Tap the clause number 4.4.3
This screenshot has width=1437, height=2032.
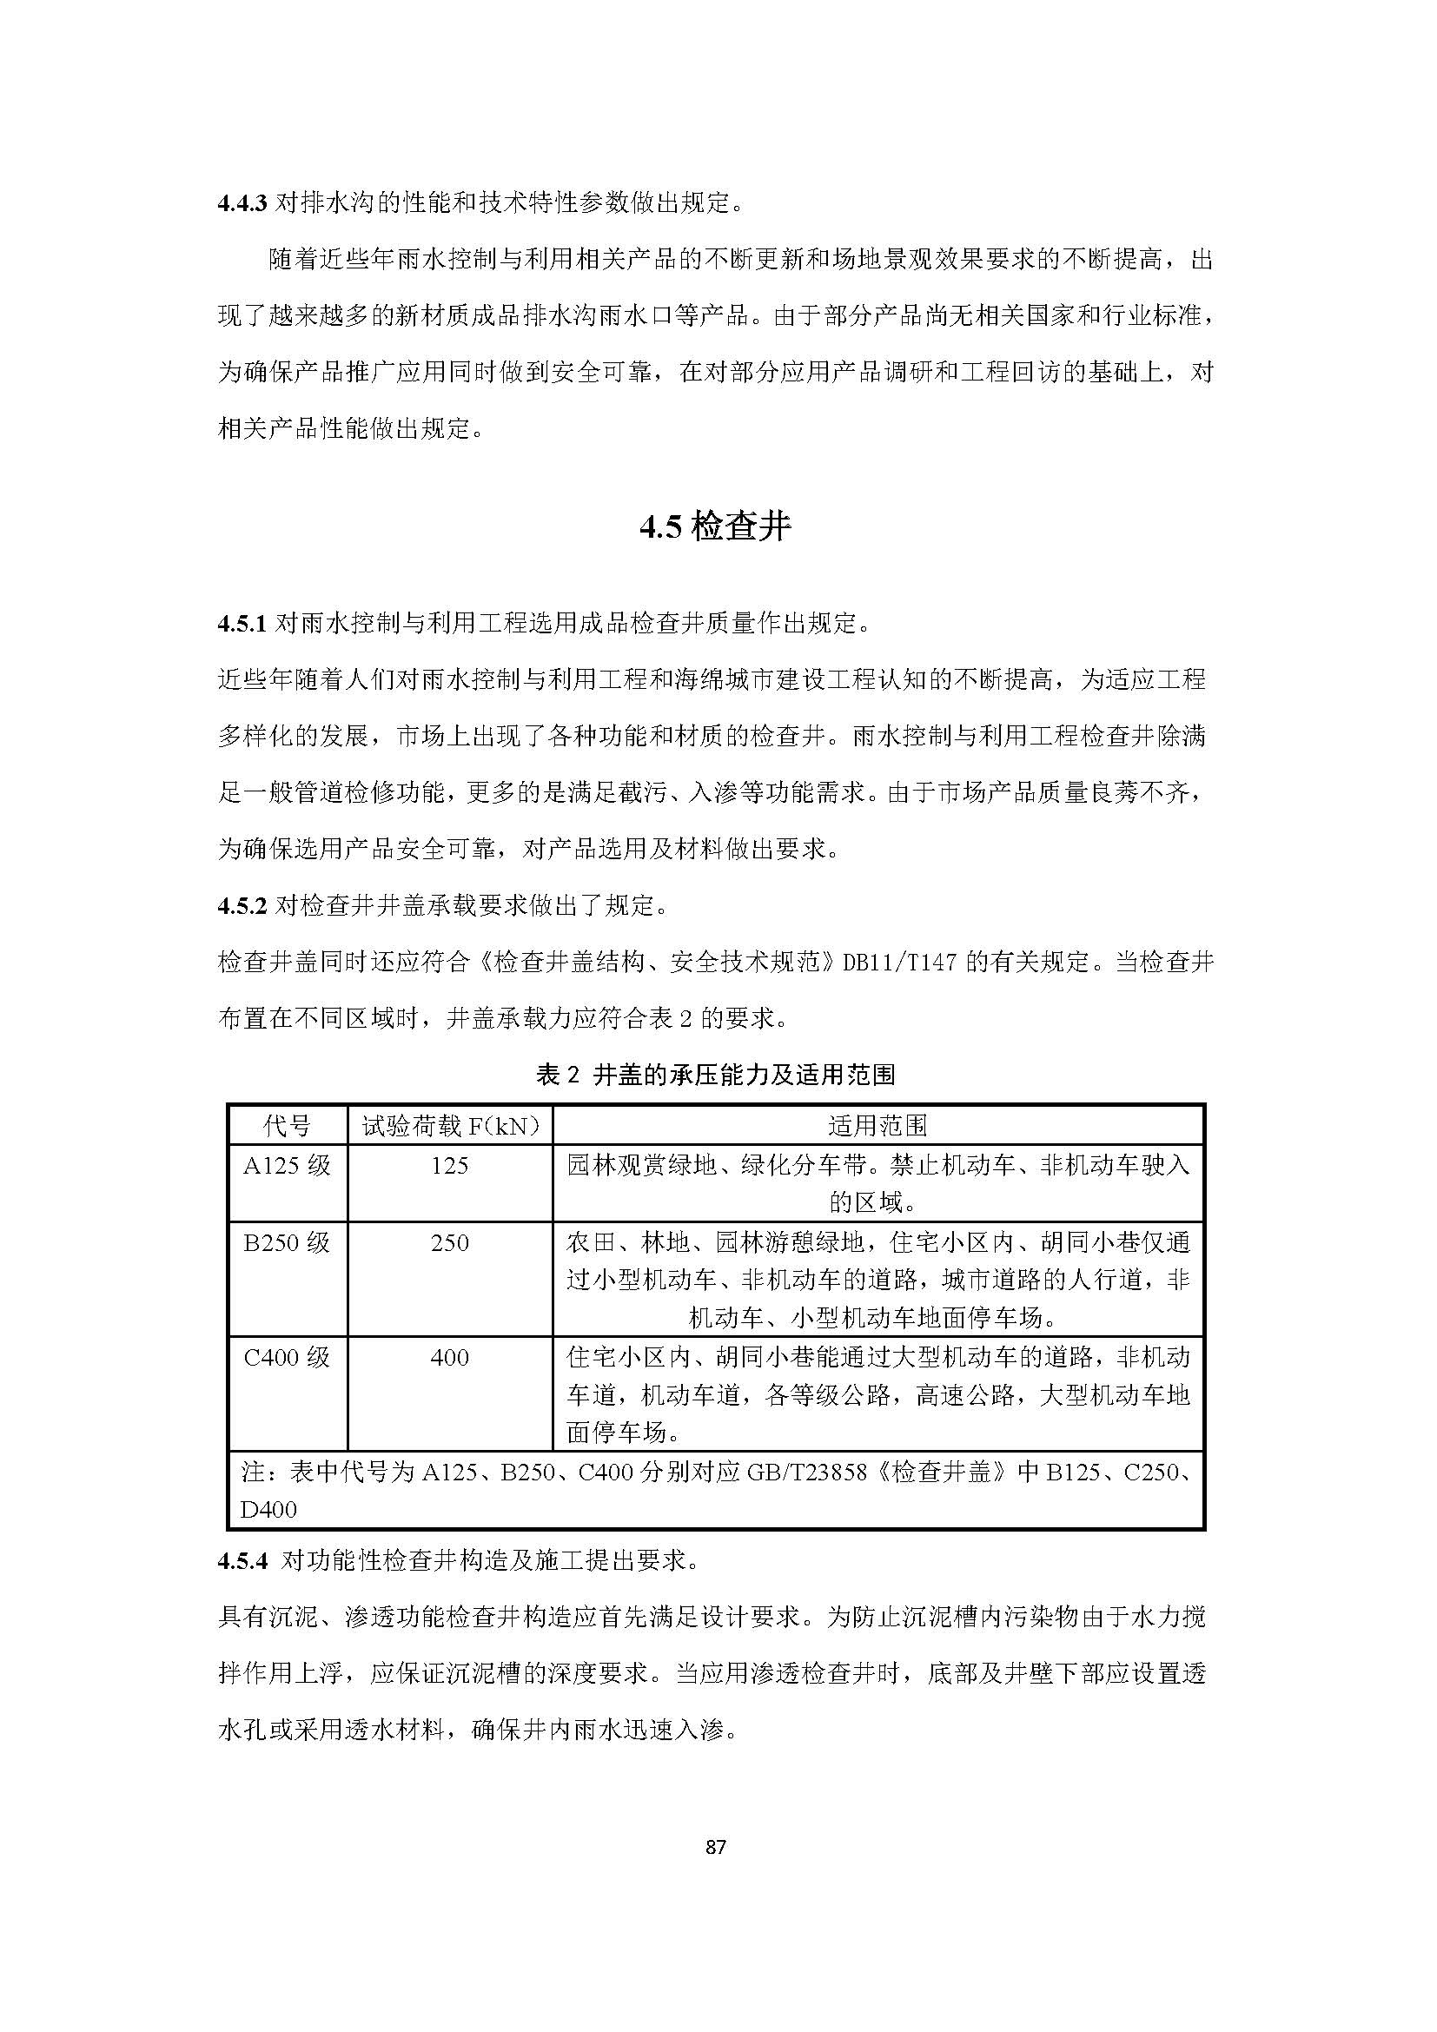pos(242,203)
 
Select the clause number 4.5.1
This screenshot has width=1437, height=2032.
pos(242,624)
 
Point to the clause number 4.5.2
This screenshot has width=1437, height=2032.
pos(242,905)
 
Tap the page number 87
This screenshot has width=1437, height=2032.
pos(717,1847)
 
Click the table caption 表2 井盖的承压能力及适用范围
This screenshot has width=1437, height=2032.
pos(716,1076)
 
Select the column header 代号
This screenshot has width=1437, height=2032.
pos(288,1126)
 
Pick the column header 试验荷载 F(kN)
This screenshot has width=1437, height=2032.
pos(449,1126)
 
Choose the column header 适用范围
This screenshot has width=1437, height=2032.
pos(877,1126)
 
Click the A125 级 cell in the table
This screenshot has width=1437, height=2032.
pos(288,1166)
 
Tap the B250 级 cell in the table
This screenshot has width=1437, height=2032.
pos(288,1242)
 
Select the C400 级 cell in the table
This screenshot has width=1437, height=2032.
pos(288,1357)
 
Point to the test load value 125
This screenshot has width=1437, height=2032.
pos(449,1166)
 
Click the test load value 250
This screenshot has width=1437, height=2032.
pos(449,1242)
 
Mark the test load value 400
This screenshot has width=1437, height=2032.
pos(449,1357)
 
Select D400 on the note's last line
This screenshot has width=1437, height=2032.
pos(269,1510)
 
